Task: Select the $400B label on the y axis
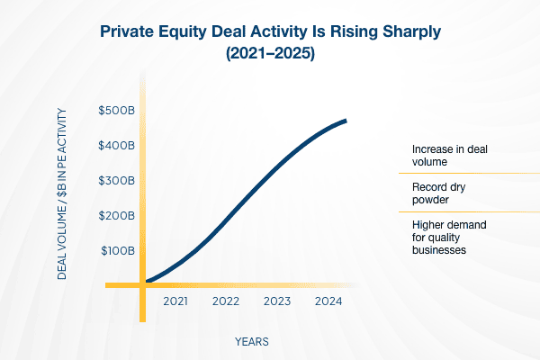117,146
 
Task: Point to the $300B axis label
117,181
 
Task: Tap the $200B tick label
117,216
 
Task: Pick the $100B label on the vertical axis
117,250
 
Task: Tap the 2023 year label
277,302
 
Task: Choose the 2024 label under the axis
328,302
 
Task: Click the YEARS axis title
251,342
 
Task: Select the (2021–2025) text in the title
270,54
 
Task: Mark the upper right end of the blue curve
346,121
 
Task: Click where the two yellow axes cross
142,284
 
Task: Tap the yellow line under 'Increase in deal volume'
463,172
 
